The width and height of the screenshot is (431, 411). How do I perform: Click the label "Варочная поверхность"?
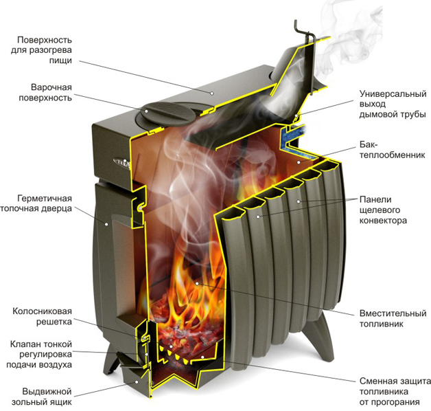pyautogui.click(x=45, y=93)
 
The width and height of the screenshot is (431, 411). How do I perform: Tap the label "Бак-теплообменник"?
pyautogui.click(x=393, y=149)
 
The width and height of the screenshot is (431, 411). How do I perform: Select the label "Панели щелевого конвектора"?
pyautogui.click(x=383, y=210)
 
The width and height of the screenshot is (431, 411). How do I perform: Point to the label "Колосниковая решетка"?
pyautogui.click(x=42, y=316)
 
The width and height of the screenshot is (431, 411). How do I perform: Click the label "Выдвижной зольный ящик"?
pyautogui.click(x=41, y=397)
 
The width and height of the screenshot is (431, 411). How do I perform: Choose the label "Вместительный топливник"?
pyautogui.click(x=393, y=318)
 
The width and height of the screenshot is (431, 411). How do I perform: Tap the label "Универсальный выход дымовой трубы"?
pyautogui.click(x=393, y=104)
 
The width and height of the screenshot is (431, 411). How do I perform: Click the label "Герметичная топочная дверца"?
pyautogui.click(x=36, y=203)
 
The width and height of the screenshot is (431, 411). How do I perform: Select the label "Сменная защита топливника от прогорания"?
pyautogui.click(x=395, y=392)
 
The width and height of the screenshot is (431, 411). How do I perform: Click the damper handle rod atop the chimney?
pyautogui.click(x=305, y=33)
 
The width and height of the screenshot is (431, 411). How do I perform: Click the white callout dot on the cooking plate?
pyautogui.click(x=146, y=111)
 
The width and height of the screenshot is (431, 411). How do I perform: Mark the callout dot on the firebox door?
pyautogui.click(x=106, y=224)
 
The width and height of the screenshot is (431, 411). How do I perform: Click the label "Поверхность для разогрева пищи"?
pyautogui.click(x=41, y=50)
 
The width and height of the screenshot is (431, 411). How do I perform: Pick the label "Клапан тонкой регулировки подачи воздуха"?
pyautogui.click(x=39, y=354)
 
